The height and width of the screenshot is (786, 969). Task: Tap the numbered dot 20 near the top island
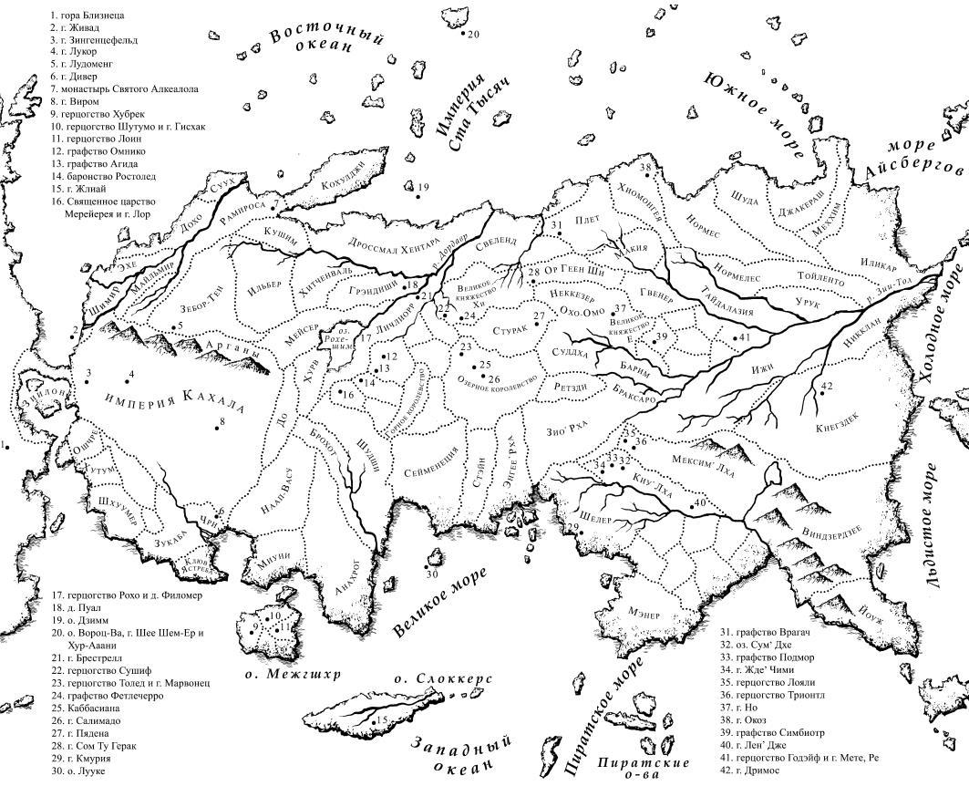[461, 34]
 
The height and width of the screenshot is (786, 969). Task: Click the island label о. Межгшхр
[294, 676]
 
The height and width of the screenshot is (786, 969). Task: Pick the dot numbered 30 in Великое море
[426, 566]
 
